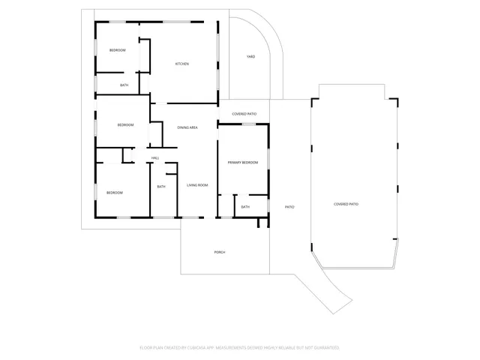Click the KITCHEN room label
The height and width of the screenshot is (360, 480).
coord(182,64)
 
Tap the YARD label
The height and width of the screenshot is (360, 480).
coord(251,56)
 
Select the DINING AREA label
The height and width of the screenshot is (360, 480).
coord(187,127)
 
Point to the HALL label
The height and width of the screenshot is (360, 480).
coord(155,157)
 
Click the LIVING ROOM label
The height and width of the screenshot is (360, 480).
coord(197,185)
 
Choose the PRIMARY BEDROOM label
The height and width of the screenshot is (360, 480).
coord(243,162)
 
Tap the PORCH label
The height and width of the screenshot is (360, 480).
coord(220,252)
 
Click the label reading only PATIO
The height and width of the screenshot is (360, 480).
coord(289,206)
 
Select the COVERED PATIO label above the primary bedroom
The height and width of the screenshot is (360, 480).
coord(244,114)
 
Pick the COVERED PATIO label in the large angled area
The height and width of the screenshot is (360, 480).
coord(346,204)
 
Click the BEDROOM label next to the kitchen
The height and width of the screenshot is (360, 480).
coord(117,50)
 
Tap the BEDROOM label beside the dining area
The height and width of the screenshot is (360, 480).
coord(125,124)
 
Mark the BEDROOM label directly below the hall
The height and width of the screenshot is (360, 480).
coord(114,193)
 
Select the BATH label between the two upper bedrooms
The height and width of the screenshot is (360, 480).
coord(124,85)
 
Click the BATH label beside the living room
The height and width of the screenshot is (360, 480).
coord(161,187)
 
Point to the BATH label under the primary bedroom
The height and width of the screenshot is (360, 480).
coord(245,207)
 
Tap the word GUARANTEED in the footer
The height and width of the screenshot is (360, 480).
coord(323,347)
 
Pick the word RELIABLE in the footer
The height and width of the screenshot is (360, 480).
coord(287,347)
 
